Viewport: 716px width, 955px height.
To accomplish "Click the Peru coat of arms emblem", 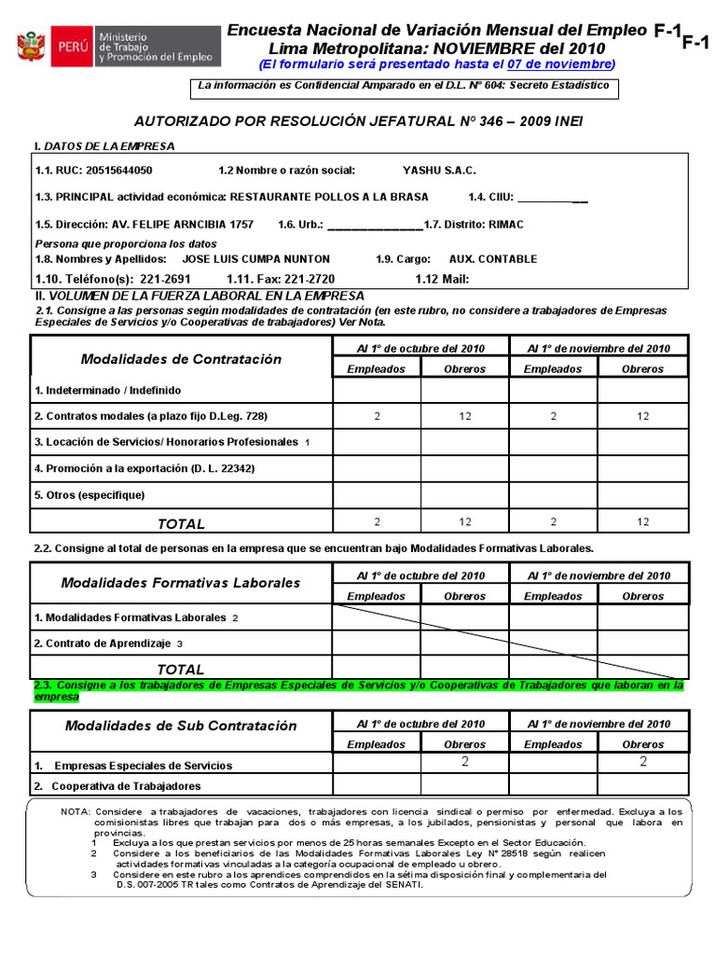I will click(x=32, y=46).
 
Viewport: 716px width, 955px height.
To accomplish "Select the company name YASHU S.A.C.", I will click(x=438, y=171).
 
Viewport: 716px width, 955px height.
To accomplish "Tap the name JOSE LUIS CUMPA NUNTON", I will click(x=255, y=259).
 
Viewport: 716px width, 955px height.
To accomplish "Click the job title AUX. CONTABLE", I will click(x=489, y=259).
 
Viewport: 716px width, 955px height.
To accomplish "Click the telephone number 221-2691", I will click(x=164, y=279).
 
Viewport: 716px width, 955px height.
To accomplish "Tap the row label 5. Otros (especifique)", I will click(x=89, y=495).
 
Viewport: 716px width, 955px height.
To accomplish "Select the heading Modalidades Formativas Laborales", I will click(x=181, y=583).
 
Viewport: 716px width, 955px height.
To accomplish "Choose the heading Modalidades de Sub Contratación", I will click(x=181, y=726).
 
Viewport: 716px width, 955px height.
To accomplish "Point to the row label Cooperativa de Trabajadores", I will click(x=128, y=786).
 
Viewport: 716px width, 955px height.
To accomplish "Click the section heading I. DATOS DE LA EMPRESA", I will click(x=103, y=146).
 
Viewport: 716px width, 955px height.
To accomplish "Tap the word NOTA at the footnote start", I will click(x=76, y=812).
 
